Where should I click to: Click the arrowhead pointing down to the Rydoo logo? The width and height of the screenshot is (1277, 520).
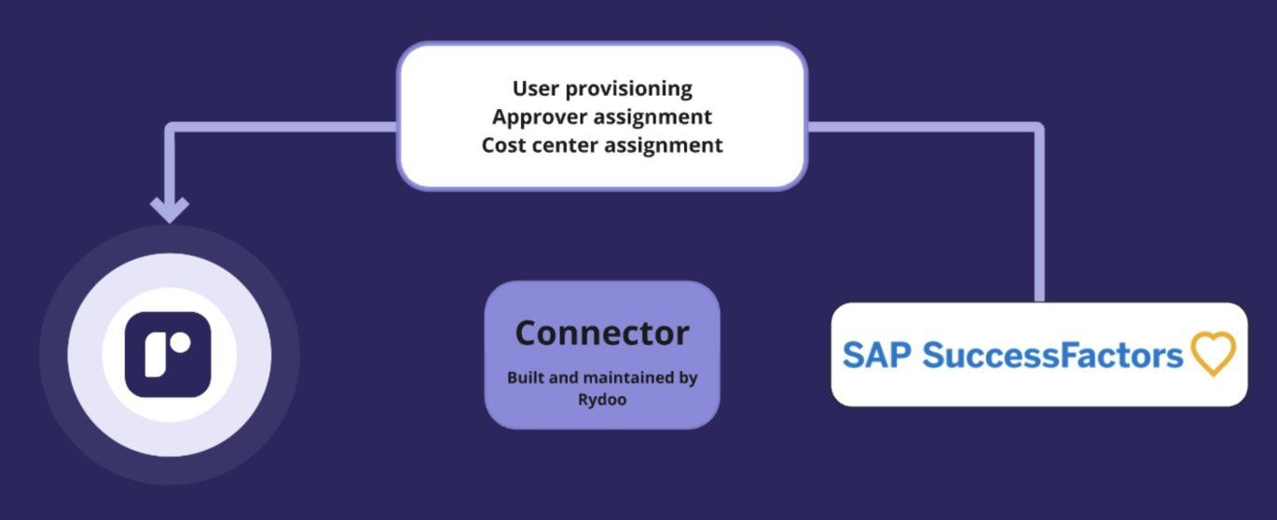[169, 209]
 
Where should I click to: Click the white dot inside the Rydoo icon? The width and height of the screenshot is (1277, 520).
[181, 343]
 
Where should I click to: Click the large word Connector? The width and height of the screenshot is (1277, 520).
[602, 333]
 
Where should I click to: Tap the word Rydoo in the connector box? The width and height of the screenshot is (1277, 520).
[602, 400]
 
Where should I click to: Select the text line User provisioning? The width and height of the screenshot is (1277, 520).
[602, 89]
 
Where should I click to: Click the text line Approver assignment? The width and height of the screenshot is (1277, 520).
[602, 116]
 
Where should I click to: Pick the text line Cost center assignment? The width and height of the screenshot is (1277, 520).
[602, 145]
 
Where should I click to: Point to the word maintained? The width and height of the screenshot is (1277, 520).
[626, 378]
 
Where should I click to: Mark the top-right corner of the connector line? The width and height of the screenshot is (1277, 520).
[1037, 128]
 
